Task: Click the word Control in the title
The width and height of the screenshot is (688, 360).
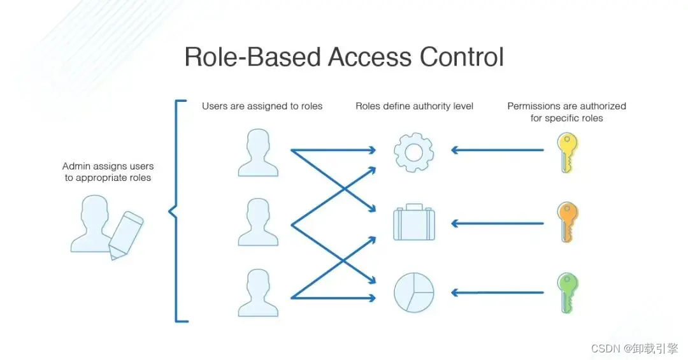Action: tap(461, 57)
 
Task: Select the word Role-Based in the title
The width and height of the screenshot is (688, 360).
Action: tap(252, 57)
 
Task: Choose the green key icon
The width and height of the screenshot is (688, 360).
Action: tap(566, 292)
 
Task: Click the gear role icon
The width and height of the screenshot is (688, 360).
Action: tap(413, 151)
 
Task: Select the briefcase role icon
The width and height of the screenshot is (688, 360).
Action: tap(413, 222)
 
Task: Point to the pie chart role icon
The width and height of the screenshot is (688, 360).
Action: tap(413, 292)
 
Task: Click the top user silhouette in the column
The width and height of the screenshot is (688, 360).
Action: tap(258, 152)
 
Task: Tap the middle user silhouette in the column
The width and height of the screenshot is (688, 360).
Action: tap(258, 222)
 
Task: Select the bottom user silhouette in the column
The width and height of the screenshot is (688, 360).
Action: tap(258, 292)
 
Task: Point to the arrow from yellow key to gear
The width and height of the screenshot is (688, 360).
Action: tap(497, 150)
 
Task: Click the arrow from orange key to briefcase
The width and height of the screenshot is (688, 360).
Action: tap(497, 223)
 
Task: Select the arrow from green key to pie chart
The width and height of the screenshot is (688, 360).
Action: tap(497, 292)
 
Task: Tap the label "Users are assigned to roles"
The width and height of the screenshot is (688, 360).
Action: tap(262, 106)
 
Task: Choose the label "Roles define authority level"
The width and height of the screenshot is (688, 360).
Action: tap(414, 106)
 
